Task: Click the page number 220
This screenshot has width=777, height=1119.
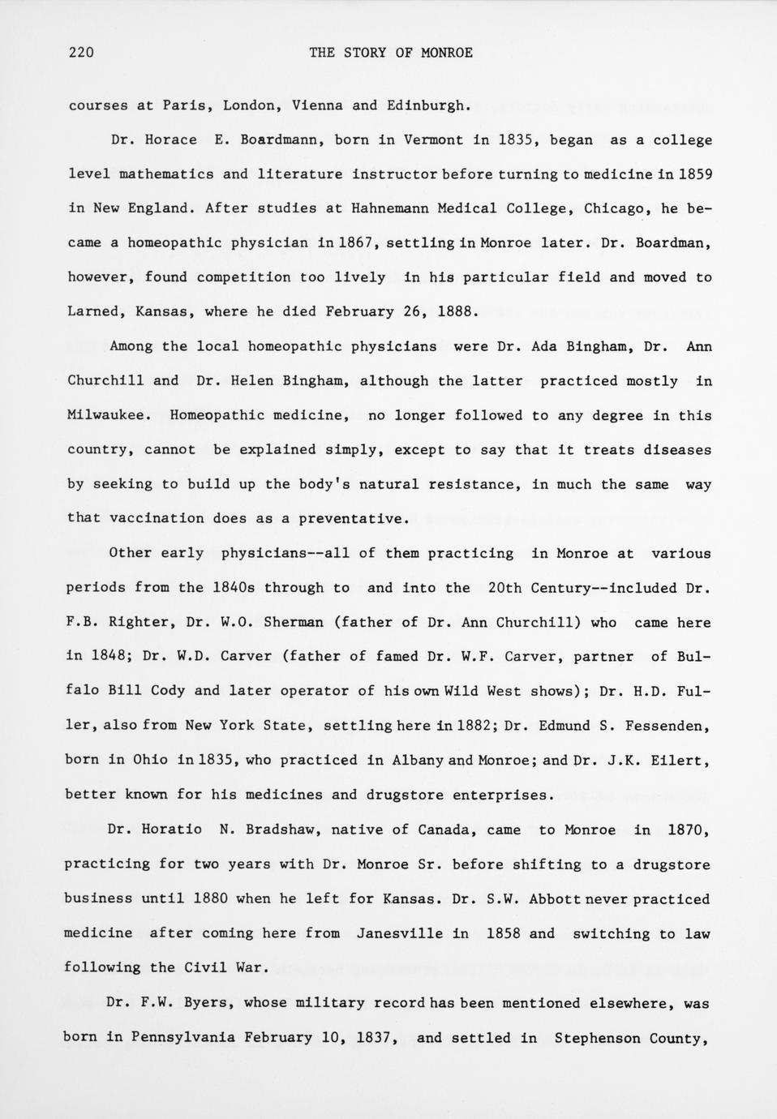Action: (81, 53)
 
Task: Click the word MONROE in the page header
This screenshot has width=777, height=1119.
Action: (446, 53)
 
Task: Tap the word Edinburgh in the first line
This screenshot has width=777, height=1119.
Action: (428, 105)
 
